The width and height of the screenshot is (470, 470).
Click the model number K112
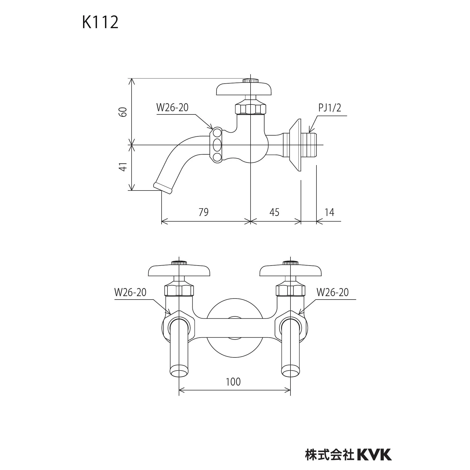(x=100, y=22)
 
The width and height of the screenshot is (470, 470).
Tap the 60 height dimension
(x=123, y=112)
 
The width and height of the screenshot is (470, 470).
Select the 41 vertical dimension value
(x=123, y=167)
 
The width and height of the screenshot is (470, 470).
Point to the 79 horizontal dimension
(x=203, y=212)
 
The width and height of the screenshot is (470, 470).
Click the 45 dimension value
(x=274, y=212)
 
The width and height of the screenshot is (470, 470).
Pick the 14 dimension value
(x=329, y=212)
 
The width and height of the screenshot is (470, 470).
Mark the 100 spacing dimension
(x=233, y=382)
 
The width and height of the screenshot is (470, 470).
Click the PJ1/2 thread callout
(x=330, y=108)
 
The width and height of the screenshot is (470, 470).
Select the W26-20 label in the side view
(x=172, y=107)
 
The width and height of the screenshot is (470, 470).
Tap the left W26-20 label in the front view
(x=130, y=292)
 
